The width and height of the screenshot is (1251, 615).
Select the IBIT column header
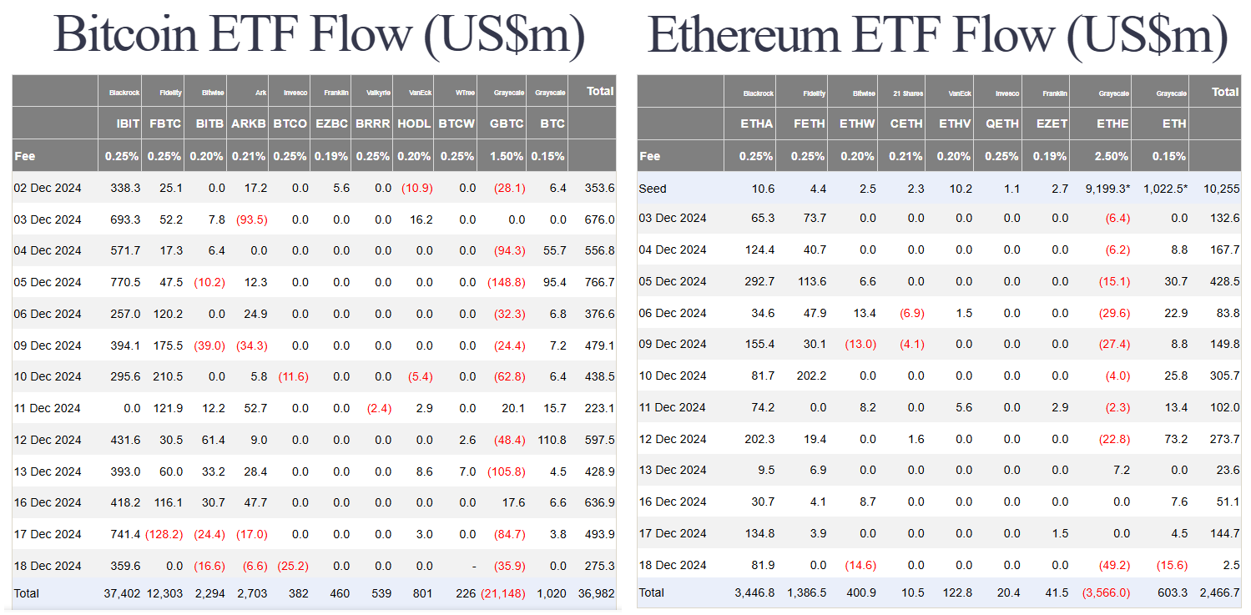point(128,124)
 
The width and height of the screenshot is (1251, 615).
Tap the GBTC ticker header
point(507,124)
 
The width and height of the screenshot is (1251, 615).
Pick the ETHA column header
point(756,124)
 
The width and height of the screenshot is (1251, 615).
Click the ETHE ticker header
point(1112,124)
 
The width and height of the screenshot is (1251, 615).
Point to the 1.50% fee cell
point(507,156)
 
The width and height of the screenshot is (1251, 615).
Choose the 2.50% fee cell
point(1112,156)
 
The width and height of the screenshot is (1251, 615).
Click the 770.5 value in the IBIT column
point(124,282)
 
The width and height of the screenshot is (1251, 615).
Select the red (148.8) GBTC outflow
point(506,282)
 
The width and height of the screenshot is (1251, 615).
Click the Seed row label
point(653,189)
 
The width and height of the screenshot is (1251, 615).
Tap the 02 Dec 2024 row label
point(48,189)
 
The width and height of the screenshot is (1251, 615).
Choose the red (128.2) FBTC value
point(164,534)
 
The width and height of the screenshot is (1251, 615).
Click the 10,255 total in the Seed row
point(1220,189)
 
